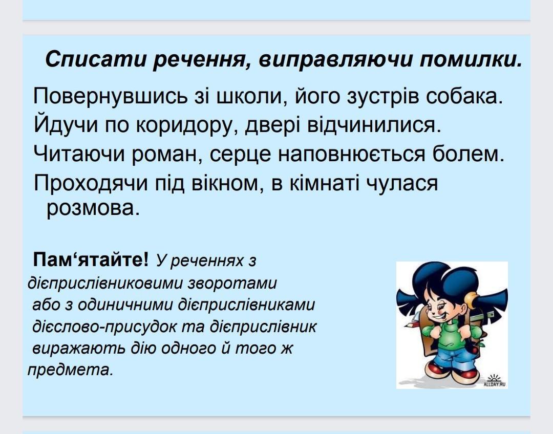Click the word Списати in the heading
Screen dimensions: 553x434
(x=96, y=59)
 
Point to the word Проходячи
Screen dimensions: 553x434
(x=91, y=184)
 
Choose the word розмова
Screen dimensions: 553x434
(x=93, y=208)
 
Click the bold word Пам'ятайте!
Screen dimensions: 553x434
(x=91, y=260)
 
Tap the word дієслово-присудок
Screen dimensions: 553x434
(x=104, y=327)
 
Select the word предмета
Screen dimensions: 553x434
(x=70, y=370)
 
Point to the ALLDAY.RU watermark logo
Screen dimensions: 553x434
(x=495, y=381)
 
